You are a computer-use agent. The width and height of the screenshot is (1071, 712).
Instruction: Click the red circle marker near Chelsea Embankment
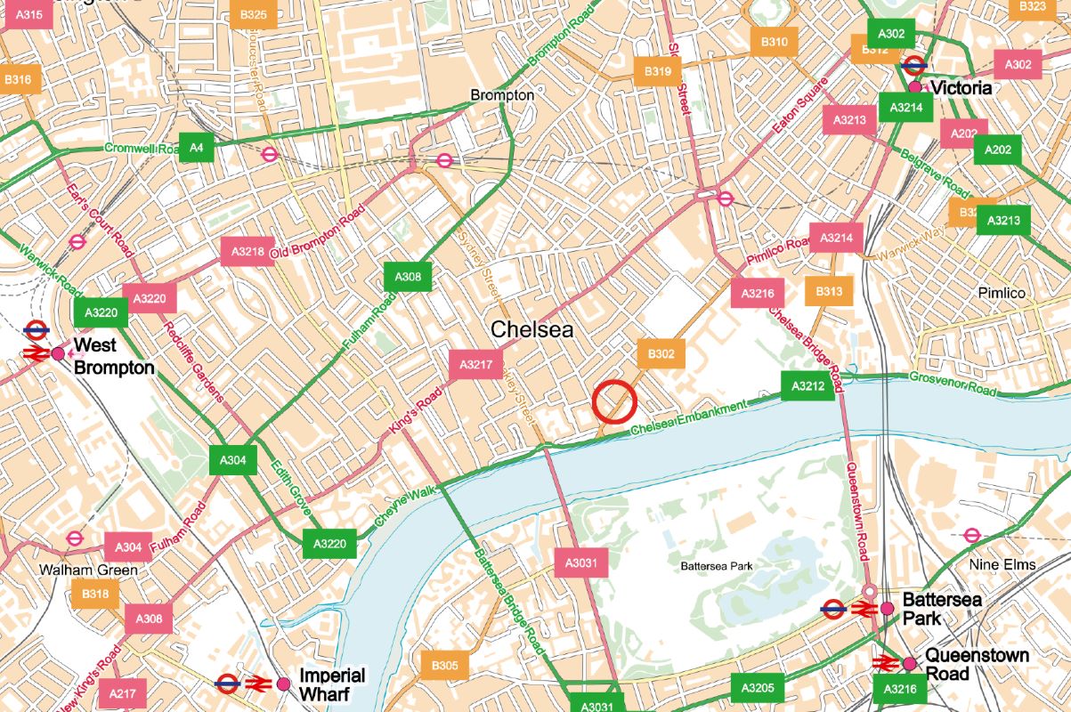[613, 400]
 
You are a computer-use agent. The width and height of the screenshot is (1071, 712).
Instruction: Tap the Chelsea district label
[532, 329]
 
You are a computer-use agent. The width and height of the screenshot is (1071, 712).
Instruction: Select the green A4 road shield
[196, 147]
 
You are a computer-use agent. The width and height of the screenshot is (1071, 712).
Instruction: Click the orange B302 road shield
[661, 354]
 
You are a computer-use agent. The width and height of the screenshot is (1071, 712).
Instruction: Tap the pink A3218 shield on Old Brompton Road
[247, 252]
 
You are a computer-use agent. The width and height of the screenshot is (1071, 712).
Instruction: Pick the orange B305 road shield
[444, 666]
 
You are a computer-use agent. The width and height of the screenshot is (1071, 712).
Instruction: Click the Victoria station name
[961, 88]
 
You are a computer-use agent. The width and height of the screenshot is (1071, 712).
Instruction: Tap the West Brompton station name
[114, 356]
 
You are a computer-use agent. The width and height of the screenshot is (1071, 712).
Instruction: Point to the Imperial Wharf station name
[332, 684]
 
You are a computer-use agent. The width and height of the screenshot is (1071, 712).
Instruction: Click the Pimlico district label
[1002, 293]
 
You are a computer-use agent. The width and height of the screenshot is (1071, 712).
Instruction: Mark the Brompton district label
[502, 94]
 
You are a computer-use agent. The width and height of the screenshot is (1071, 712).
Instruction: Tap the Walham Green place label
[88, 570]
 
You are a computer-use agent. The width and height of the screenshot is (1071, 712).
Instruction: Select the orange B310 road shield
[774, 42]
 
